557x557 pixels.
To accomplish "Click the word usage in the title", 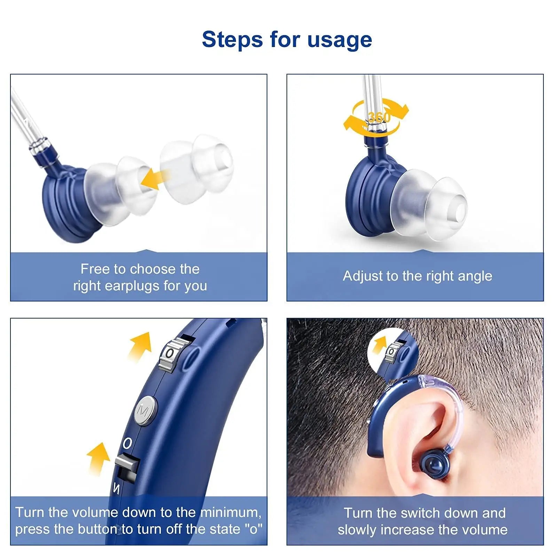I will [339, 39].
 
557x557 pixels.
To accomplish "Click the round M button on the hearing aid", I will [145, 410].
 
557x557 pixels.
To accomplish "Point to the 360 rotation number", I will [379, 117].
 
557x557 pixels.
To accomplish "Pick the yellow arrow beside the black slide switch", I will [98, 458].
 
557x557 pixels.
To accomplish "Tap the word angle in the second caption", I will [475, 276].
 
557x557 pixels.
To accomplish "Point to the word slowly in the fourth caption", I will [357, 530].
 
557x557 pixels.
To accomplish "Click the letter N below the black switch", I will [117, 489].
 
